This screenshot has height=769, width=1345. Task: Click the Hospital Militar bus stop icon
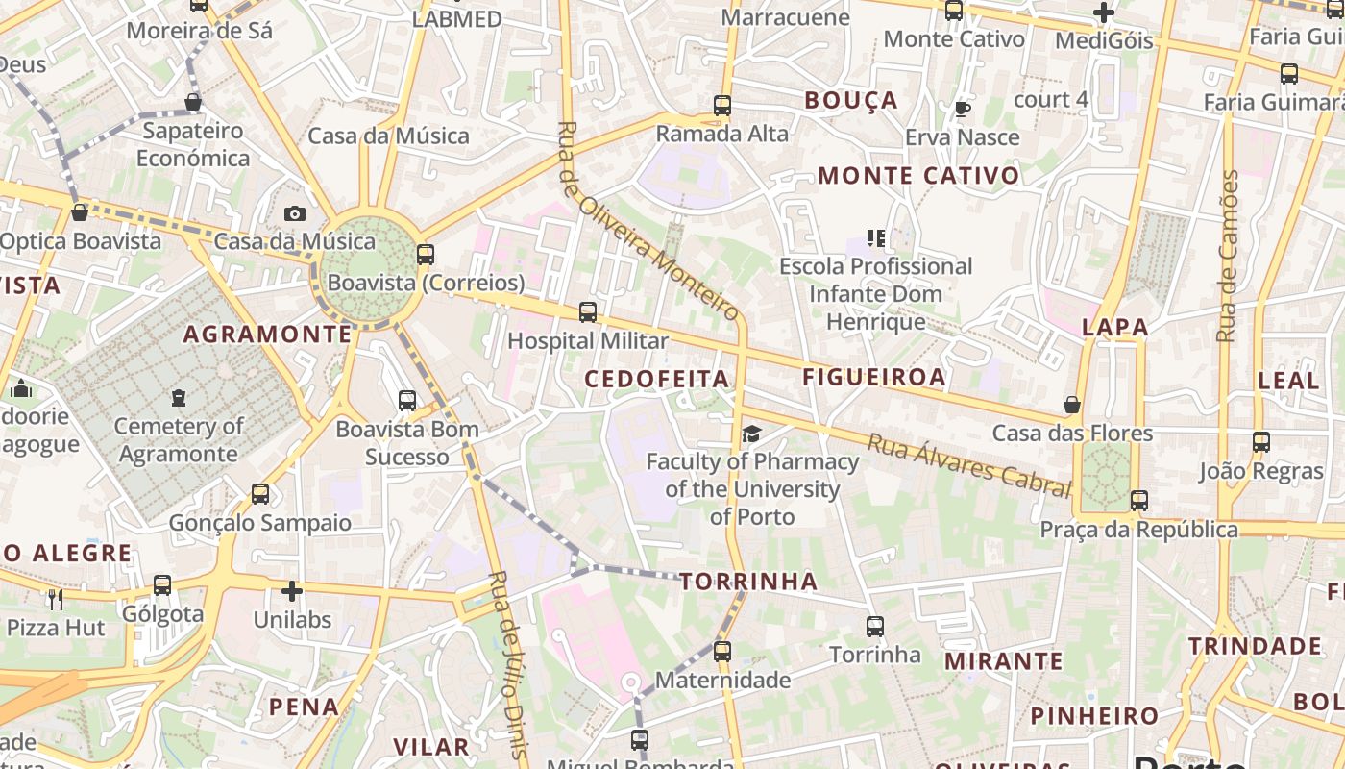point(587,312)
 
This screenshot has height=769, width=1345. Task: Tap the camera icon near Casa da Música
point(295,213)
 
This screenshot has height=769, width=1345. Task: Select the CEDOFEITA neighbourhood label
point(657,379)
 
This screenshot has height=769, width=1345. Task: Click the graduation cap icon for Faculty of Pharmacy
point(751,434)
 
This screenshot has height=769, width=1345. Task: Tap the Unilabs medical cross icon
point(292,591)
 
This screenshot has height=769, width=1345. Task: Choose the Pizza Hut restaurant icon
point(56,600)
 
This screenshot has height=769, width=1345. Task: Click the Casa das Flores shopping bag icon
point(1072,405)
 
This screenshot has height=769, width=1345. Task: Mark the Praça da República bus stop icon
point(1139,501)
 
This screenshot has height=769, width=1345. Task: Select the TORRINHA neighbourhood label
point(748,581)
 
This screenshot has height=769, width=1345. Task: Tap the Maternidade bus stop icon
point(722,652)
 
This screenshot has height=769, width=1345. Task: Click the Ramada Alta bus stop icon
point(722,106)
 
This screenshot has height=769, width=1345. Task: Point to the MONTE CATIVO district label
point(918,176)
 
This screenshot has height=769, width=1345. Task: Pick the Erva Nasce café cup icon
point(962,109)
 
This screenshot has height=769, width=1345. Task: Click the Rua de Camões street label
point(1227,256)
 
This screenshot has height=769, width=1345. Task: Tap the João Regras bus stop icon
point(1261,443)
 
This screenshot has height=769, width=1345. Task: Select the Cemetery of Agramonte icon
point(178,397)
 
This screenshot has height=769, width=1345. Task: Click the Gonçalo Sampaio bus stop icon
point(259,494)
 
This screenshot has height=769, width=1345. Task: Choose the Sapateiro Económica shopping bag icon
point(193,102)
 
